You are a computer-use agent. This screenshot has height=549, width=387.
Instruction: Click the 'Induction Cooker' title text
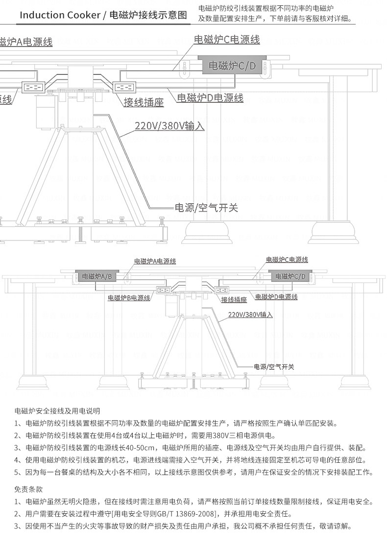(x=59, y=15)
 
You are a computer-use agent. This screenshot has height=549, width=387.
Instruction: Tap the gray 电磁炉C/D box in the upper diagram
(x=232, y=66)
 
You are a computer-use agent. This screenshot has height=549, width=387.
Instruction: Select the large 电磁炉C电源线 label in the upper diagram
(x=227, y=40)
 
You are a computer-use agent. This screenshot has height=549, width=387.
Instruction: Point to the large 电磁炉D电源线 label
(x=210, y=98)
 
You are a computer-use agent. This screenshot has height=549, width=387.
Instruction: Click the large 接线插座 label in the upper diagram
(x=144, y=102)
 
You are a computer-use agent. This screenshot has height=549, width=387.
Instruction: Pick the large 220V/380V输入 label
(x=169, y=126)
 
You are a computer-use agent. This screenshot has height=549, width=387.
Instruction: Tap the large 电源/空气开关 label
(x=206, y=208)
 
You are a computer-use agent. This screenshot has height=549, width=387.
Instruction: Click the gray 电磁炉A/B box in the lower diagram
(x=97, y=277)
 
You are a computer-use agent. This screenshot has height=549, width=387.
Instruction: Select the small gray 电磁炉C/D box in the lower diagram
(x=290, y=277)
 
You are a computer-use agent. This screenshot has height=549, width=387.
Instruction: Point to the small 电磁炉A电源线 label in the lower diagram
(x=155, y=262)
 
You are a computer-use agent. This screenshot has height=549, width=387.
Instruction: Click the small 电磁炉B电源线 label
(x=129, y=298)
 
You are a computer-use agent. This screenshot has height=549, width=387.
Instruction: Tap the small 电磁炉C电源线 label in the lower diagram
(x=287, y=260)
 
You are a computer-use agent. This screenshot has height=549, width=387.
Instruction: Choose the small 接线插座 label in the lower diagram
(x=234, y=300)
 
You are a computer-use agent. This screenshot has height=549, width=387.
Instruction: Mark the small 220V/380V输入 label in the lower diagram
(x=250, y=315)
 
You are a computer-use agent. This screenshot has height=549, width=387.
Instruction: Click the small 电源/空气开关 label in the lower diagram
(x=273, y=367)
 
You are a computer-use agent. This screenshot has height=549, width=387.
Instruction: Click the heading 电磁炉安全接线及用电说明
(x=57, y=411)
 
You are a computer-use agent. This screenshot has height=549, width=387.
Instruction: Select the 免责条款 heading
(x=28, y=489)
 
